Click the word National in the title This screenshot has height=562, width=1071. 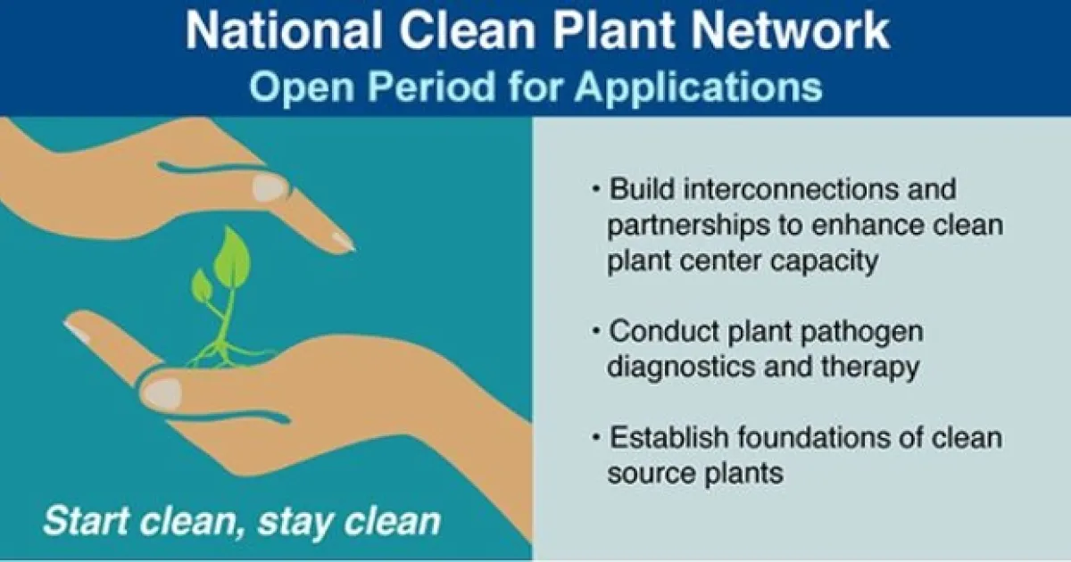283,30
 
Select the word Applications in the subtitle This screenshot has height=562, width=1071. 698,88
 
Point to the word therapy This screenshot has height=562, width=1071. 870,367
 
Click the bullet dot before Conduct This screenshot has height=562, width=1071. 596,331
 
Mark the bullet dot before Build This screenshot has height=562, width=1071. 596,189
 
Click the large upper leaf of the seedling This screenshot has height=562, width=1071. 232,258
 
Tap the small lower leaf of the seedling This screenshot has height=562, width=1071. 202,285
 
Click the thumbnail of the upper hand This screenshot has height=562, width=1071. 270,187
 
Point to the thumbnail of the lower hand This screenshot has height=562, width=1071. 162,393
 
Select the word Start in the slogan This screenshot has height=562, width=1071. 86,520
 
